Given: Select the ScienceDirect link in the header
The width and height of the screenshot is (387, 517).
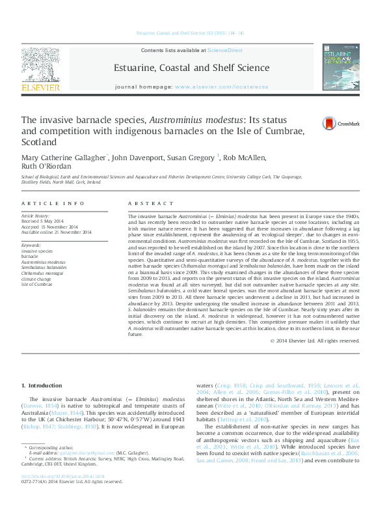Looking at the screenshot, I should coord(225,50).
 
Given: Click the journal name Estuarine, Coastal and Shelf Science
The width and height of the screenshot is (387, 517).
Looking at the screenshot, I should coord(191,68).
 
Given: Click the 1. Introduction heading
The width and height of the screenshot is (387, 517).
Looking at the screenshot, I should coord(42,385).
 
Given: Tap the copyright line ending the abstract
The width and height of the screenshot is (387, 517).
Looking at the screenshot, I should coord(315,341).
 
